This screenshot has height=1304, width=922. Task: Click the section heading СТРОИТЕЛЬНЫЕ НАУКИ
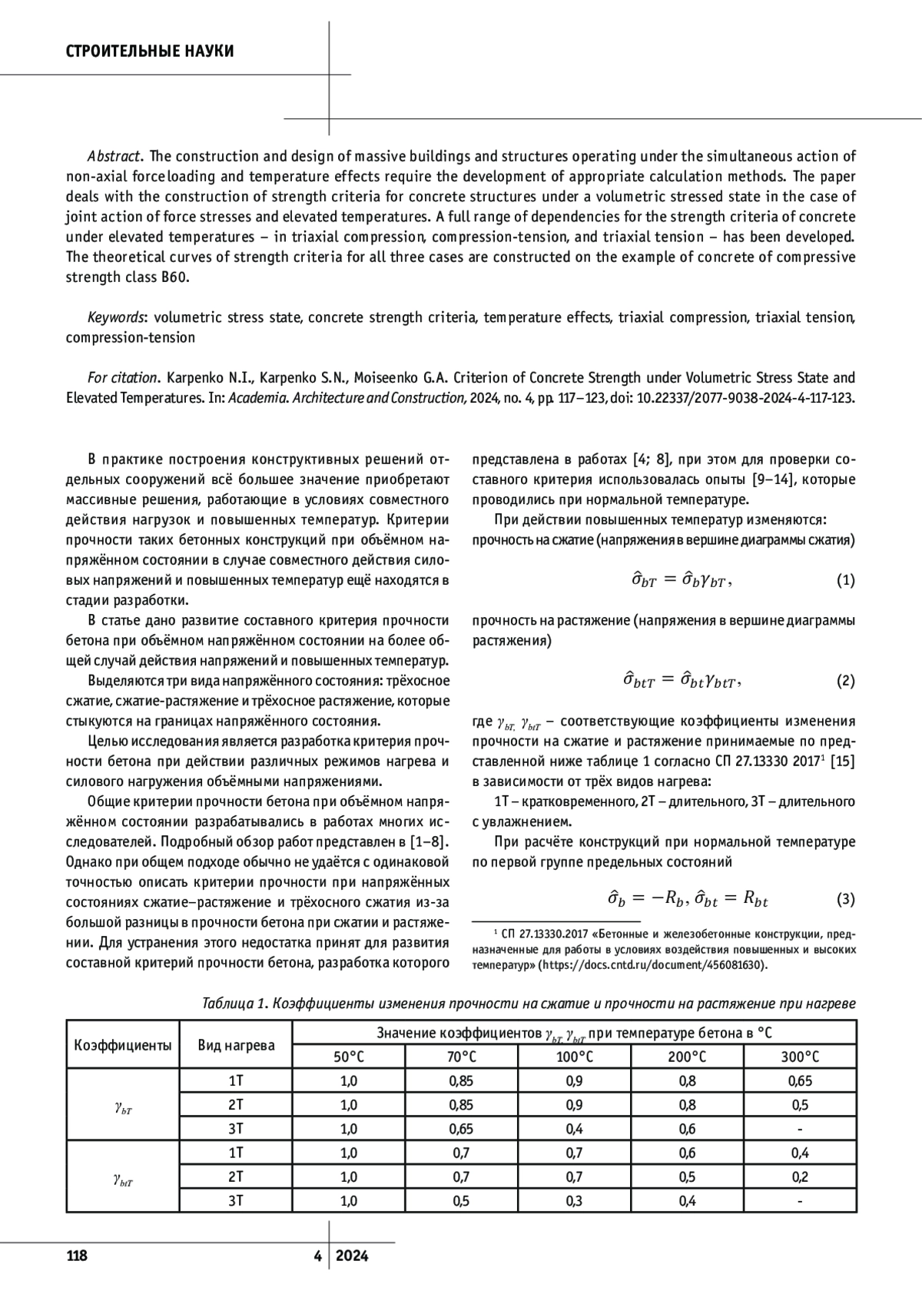click(x=150, y=51)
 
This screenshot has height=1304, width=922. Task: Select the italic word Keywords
click(x=116, y=317)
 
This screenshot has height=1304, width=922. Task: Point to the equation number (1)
click(x=845, y=580)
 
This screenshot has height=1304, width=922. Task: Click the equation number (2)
click(x=845, y=681)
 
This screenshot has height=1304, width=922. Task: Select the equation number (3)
click(x=845, y=898)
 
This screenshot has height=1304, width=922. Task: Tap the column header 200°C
click(x=688, y=1057)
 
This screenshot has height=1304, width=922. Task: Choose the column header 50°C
click(x=349, y=1057)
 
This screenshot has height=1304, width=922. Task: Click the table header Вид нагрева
click(x=236, y=1045)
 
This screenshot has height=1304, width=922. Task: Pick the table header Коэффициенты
click(x=123, y=1045)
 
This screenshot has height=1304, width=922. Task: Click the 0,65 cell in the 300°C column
click(x=800, y=1081)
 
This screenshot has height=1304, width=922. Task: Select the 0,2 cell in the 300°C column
click(x=800, y=1176)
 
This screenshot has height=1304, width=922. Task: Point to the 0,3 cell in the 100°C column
click(x=574, y=1201)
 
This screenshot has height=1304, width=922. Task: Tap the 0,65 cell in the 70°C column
click(x=461, y=1129)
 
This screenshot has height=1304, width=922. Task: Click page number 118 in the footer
click(x=77, y=1256)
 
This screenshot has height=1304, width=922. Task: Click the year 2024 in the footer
click(x=352, y=1256)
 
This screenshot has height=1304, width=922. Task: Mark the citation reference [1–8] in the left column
click(x=429, y=842)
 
